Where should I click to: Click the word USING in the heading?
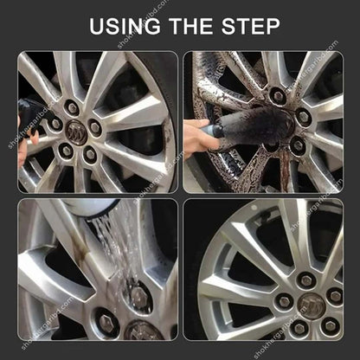[x=126, y=25]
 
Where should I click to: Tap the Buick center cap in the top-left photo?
[x=77, y=135]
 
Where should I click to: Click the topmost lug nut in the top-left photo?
[x=73, y=107]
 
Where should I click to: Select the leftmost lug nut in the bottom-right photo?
[x=283, y=301]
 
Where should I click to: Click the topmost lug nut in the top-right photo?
[x=277, y=95]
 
